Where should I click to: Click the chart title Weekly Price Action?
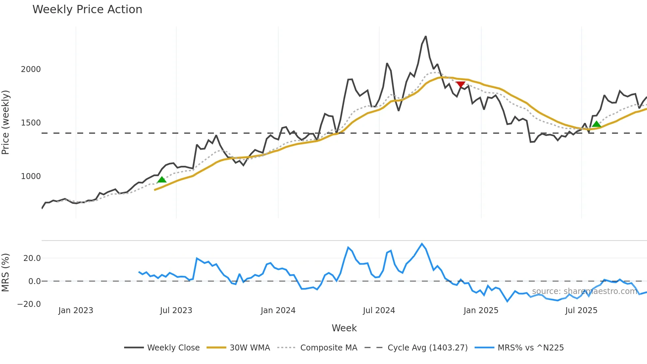87,10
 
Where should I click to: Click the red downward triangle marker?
460,85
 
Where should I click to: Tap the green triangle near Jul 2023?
162,180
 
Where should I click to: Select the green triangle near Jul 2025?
596,124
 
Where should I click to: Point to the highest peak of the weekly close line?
426,36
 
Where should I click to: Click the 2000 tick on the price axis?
31,69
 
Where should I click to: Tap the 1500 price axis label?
31,123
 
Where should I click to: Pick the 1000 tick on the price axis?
31,176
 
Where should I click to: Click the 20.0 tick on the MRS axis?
32,258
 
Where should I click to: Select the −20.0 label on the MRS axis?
29,304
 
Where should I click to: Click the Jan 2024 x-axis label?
278,310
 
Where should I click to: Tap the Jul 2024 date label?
379,310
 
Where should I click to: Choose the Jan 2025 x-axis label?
481,310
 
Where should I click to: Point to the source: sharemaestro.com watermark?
584,291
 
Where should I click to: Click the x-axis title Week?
344,328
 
